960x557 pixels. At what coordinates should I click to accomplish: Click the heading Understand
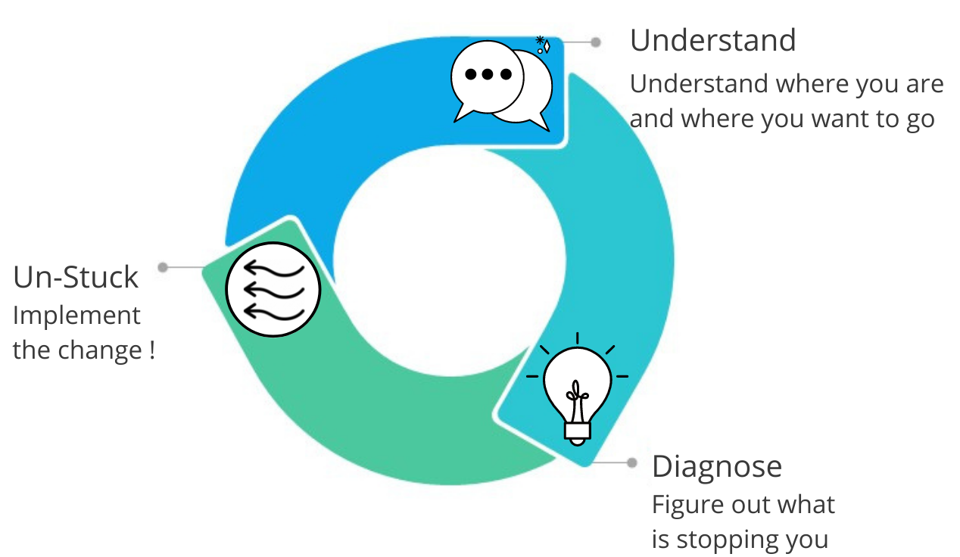(x=712, y=41)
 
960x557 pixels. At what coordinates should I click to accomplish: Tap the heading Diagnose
(x=716, y=466)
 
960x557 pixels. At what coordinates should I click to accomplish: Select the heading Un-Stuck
(x=76, y=278)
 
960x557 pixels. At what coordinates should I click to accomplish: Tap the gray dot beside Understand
(x=596, y=42)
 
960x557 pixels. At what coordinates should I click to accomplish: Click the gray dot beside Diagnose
(x=632, y=462)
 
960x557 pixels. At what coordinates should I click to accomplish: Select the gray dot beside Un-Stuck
(x=162, y=267)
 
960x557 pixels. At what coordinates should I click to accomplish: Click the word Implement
(x=76, y=316)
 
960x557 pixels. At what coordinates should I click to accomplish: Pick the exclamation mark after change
(x=151, y=350)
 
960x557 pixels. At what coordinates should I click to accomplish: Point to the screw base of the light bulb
(x=577, y=431)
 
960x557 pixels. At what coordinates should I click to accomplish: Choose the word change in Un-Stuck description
(x=108, y=350)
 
